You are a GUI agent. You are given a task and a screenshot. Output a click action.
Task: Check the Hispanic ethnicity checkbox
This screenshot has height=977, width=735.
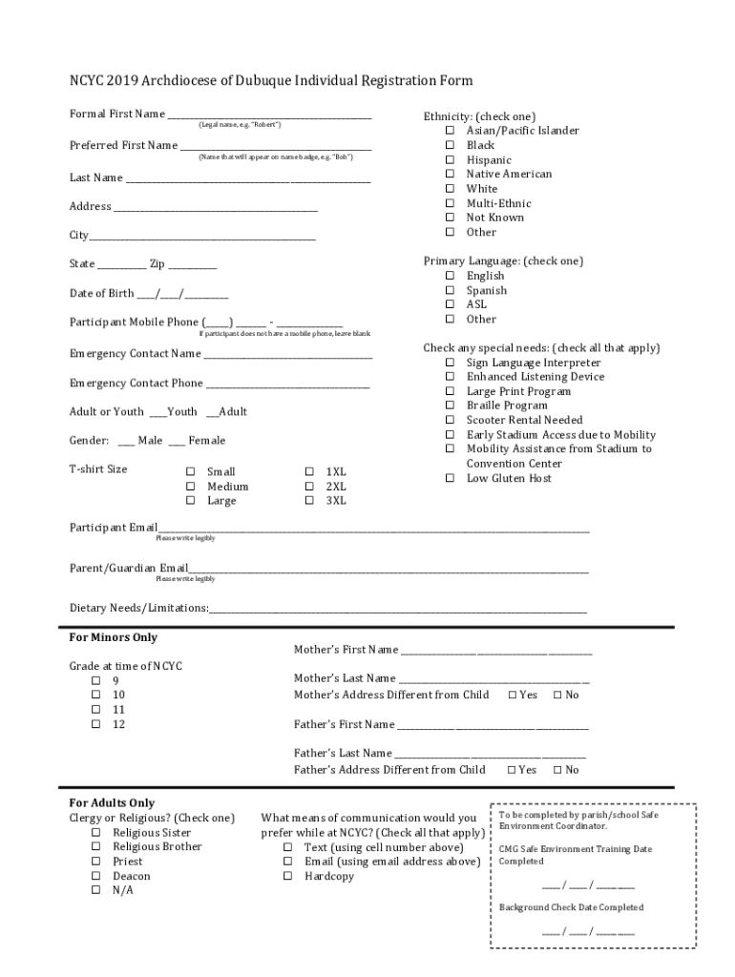pyautogui.click(x=449, y=160)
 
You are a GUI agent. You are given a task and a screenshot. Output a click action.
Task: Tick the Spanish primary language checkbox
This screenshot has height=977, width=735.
pyautogui.click(x=449, y=290)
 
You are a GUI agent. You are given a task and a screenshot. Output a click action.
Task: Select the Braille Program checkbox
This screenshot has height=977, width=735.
pyautogui.click(x=449, y=405)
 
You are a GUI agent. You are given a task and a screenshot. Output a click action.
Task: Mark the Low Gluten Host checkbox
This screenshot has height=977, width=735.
pyautogui.click(x=449, y=478)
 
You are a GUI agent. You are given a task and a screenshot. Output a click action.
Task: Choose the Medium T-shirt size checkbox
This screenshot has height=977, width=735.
pyautogui.click(x=190, y=487)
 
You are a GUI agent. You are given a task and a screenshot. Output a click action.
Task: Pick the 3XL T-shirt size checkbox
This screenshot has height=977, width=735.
pyautogui.click(x=308, y=500)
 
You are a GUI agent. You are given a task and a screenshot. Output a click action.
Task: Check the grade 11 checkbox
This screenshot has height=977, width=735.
pyautogui.click(x=95, y=710)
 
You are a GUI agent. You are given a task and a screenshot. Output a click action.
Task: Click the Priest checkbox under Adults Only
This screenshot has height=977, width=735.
pyautogui.click(x=95, y=862)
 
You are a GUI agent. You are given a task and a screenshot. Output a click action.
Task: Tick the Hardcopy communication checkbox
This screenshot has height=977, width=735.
pyautogui.click(x=286, y=876)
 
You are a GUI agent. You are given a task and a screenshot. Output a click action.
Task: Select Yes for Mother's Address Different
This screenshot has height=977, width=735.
pyautogui.click(x=513, y=695)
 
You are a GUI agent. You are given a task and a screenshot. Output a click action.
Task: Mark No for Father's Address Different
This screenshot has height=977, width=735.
pyautogui.click(x=557, y=770)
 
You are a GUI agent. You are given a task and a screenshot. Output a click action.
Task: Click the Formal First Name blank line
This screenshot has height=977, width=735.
pyautogui.click(x=269, y=116)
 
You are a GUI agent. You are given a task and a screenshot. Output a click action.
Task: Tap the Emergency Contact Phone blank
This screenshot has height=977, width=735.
pyautogui.click(x=287, y=385)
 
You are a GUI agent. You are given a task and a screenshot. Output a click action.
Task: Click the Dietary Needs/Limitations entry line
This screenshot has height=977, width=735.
pyautogui.click(x=397, y=610)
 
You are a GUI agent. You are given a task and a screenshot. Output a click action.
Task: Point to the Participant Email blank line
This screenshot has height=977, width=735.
pyautogui.click(x=373, y=529)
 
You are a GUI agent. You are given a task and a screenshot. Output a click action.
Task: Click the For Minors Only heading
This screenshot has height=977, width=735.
pyautogui.click(x=113, y=637)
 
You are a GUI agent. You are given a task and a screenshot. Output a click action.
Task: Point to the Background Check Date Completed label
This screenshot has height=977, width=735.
pyautogui.click(x=571, y=907)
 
